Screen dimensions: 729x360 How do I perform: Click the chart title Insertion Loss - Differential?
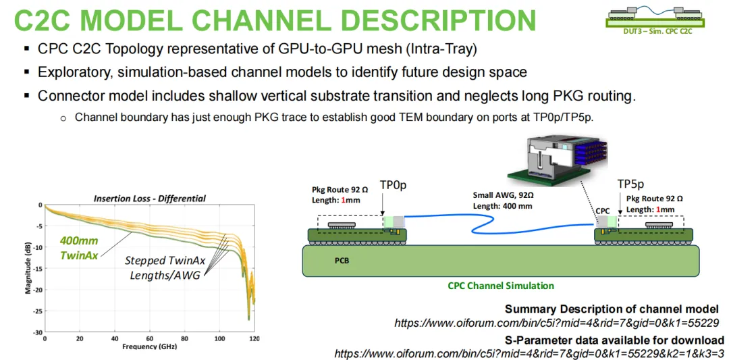tap(150, 199)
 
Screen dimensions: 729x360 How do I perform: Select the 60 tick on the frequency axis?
tap(150, 338)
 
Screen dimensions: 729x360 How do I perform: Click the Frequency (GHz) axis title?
tap(150, 346)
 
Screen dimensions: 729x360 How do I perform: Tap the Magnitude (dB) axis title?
tap(28, 269)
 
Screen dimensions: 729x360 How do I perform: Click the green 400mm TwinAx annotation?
tap(79, 249)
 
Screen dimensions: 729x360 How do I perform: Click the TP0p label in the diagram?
tap(394, 184)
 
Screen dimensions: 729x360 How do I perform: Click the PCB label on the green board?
tap(342, 261)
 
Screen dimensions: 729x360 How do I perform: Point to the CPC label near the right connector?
tap(603, 211)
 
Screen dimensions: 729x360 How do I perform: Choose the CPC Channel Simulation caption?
tap(501, 286)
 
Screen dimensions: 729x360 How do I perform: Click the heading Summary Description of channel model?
tap(612, 309)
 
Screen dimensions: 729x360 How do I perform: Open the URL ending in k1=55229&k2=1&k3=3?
tap(529, 353)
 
